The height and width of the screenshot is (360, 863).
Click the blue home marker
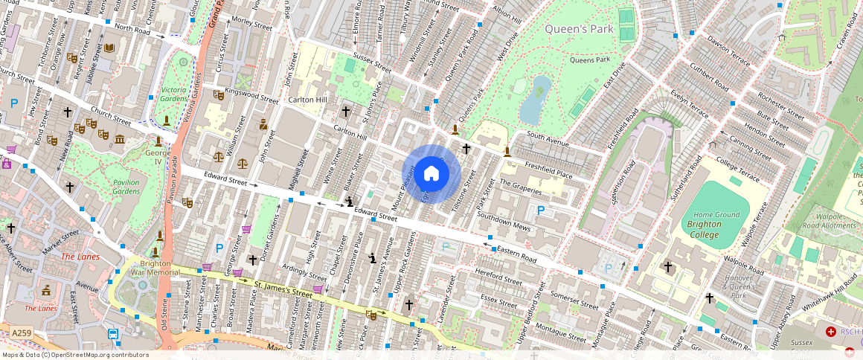431,175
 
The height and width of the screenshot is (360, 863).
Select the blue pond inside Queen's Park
535,100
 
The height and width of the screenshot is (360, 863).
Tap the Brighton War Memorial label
155,268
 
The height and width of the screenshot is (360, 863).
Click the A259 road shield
22,333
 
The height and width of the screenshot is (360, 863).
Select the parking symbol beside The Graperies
541,210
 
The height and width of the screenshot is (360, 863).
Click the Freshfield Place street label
548,169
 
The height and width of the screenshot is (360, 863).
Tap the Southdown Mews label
504,221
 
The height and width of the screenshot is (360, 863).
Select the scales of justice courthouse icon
218,156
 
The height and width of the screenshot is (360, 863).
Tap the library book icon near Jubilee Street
110,48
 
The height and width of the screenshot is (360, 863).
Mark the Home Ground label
717,215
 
